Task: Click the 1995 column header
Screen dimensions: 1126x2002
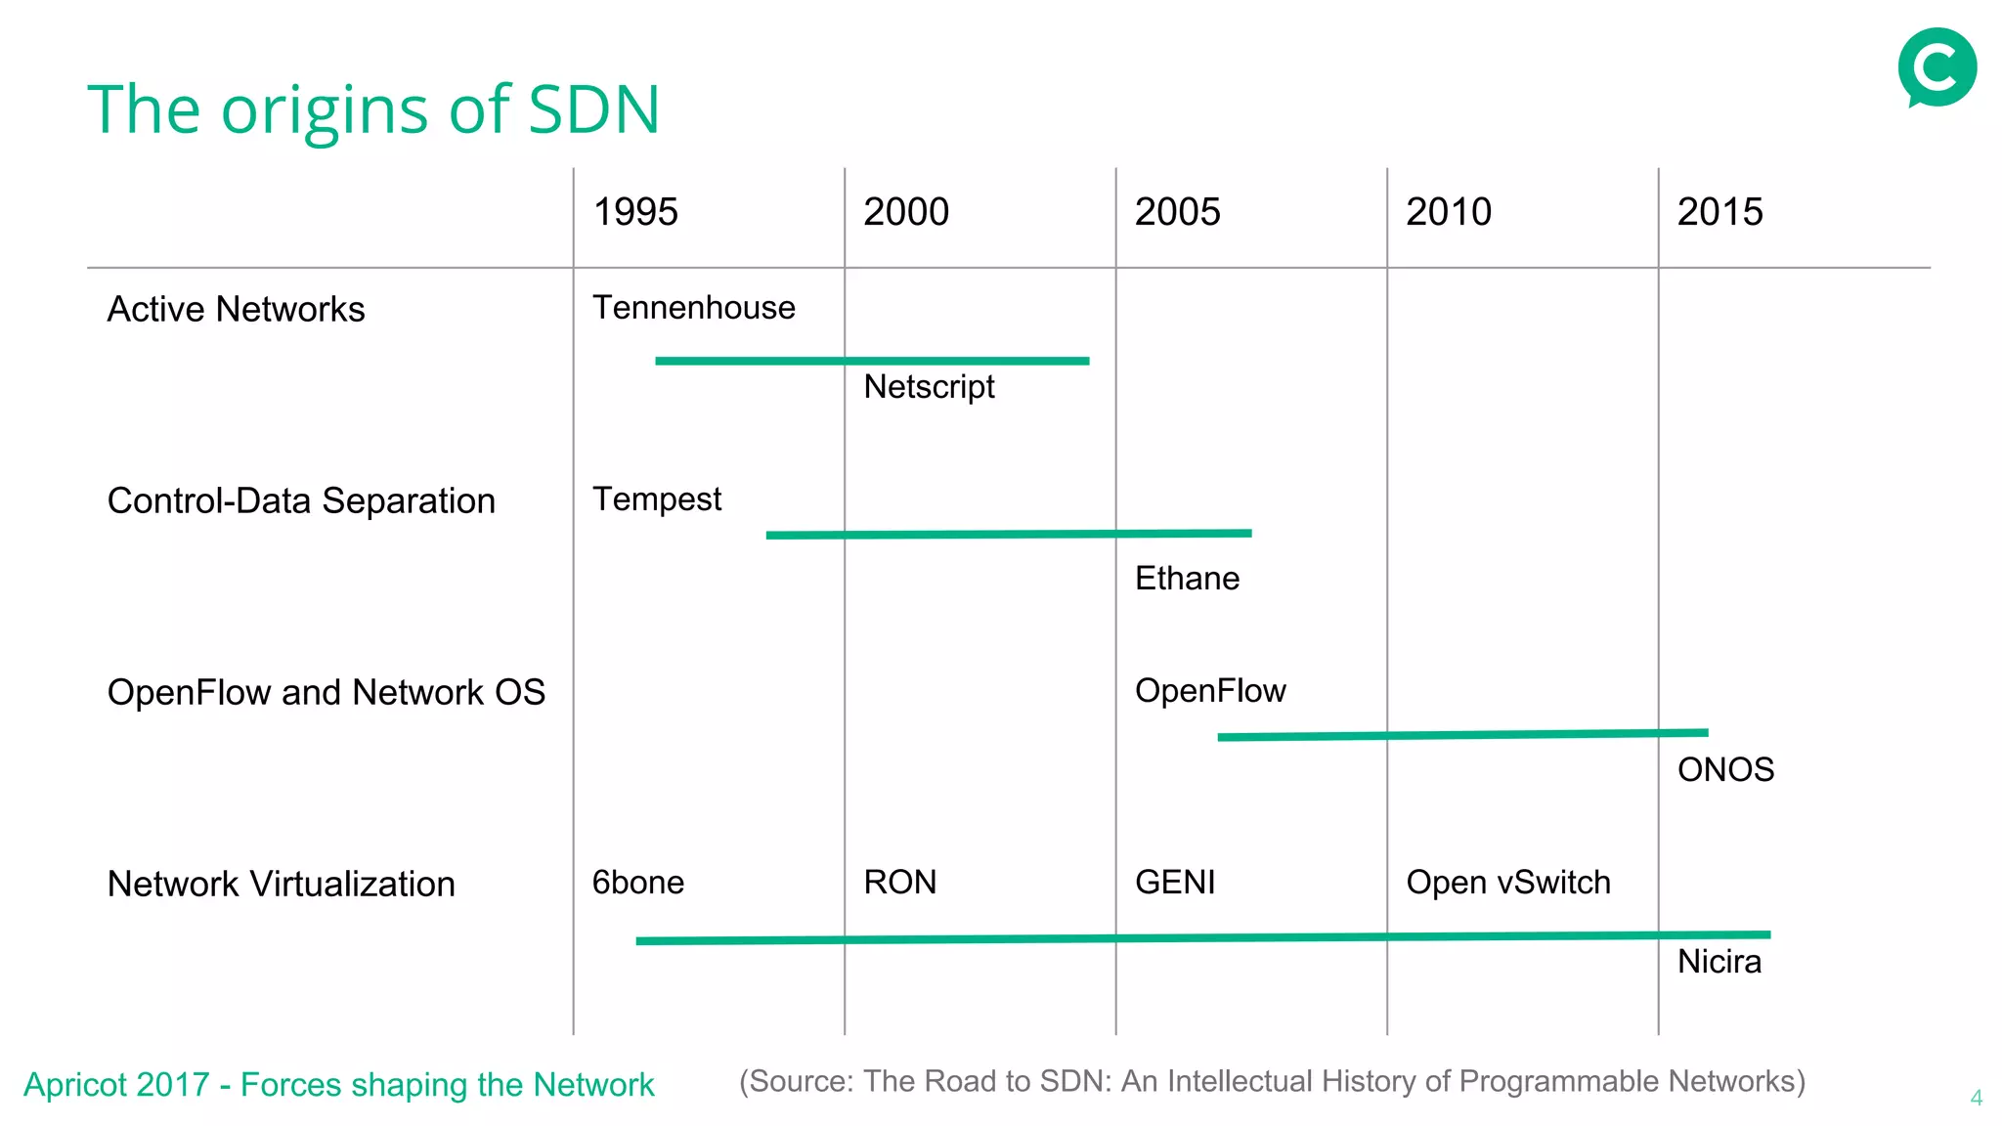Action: (x=635, y=212)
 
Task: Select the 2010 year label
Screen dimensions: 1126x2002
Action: (x=1449, y=212)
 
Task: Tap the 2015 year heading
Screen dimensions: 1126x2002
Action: (x=1719, y=212)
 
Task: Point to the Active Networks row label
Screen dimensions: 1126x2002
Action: (x=236, y=309)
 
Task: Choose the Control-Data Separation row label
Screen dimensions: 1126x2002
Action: (x=301, y=500)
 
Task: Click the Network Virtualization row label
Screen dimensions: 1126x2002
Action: (x=281, y=884)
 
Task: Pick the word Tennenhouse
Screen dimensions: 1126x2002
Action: (x=694, y=308)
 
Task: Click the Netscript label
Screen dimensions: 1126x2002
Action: (x=929, y=387)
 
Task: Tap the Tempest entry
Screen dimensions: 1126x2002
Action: (x=657, y=499)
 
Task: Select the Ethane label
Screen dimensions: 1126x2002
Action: (x=1187, y=579)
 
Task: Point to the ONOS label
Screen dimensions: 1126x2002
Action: (x=1725, y=770)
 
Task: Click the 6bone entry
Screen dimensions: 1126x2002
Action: (x=638, y=883)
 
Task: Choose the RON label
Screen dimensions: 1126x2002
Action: (x=899, y=883)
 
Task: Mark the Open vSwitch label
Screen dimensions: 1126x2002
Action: (x=1508, y=883)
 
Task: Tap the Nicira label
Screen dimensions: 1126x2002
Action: (x=1719, y=962)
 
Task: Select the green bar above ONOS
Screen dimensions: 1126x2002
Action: (x=1462, y=735)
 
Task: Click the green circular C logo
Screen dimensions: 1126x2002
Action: (x=1937, y=67)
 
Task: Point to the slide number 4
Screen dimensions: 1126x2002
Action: (x=1976, y=1098)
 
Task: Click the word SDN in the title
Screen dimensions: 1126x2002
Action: (x=593, y=109)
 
